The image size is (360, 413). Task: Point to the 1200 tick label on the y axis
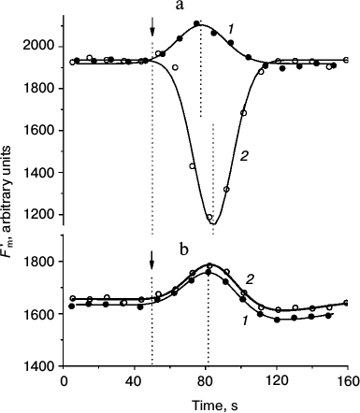[40, 219]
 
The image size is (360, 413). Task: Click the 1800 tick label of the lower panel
[40, 263]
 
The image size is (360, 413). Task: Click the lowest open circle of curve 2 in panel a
[210, 217]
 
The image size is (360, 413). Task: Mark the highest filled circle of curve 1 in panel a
[196, 23]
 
